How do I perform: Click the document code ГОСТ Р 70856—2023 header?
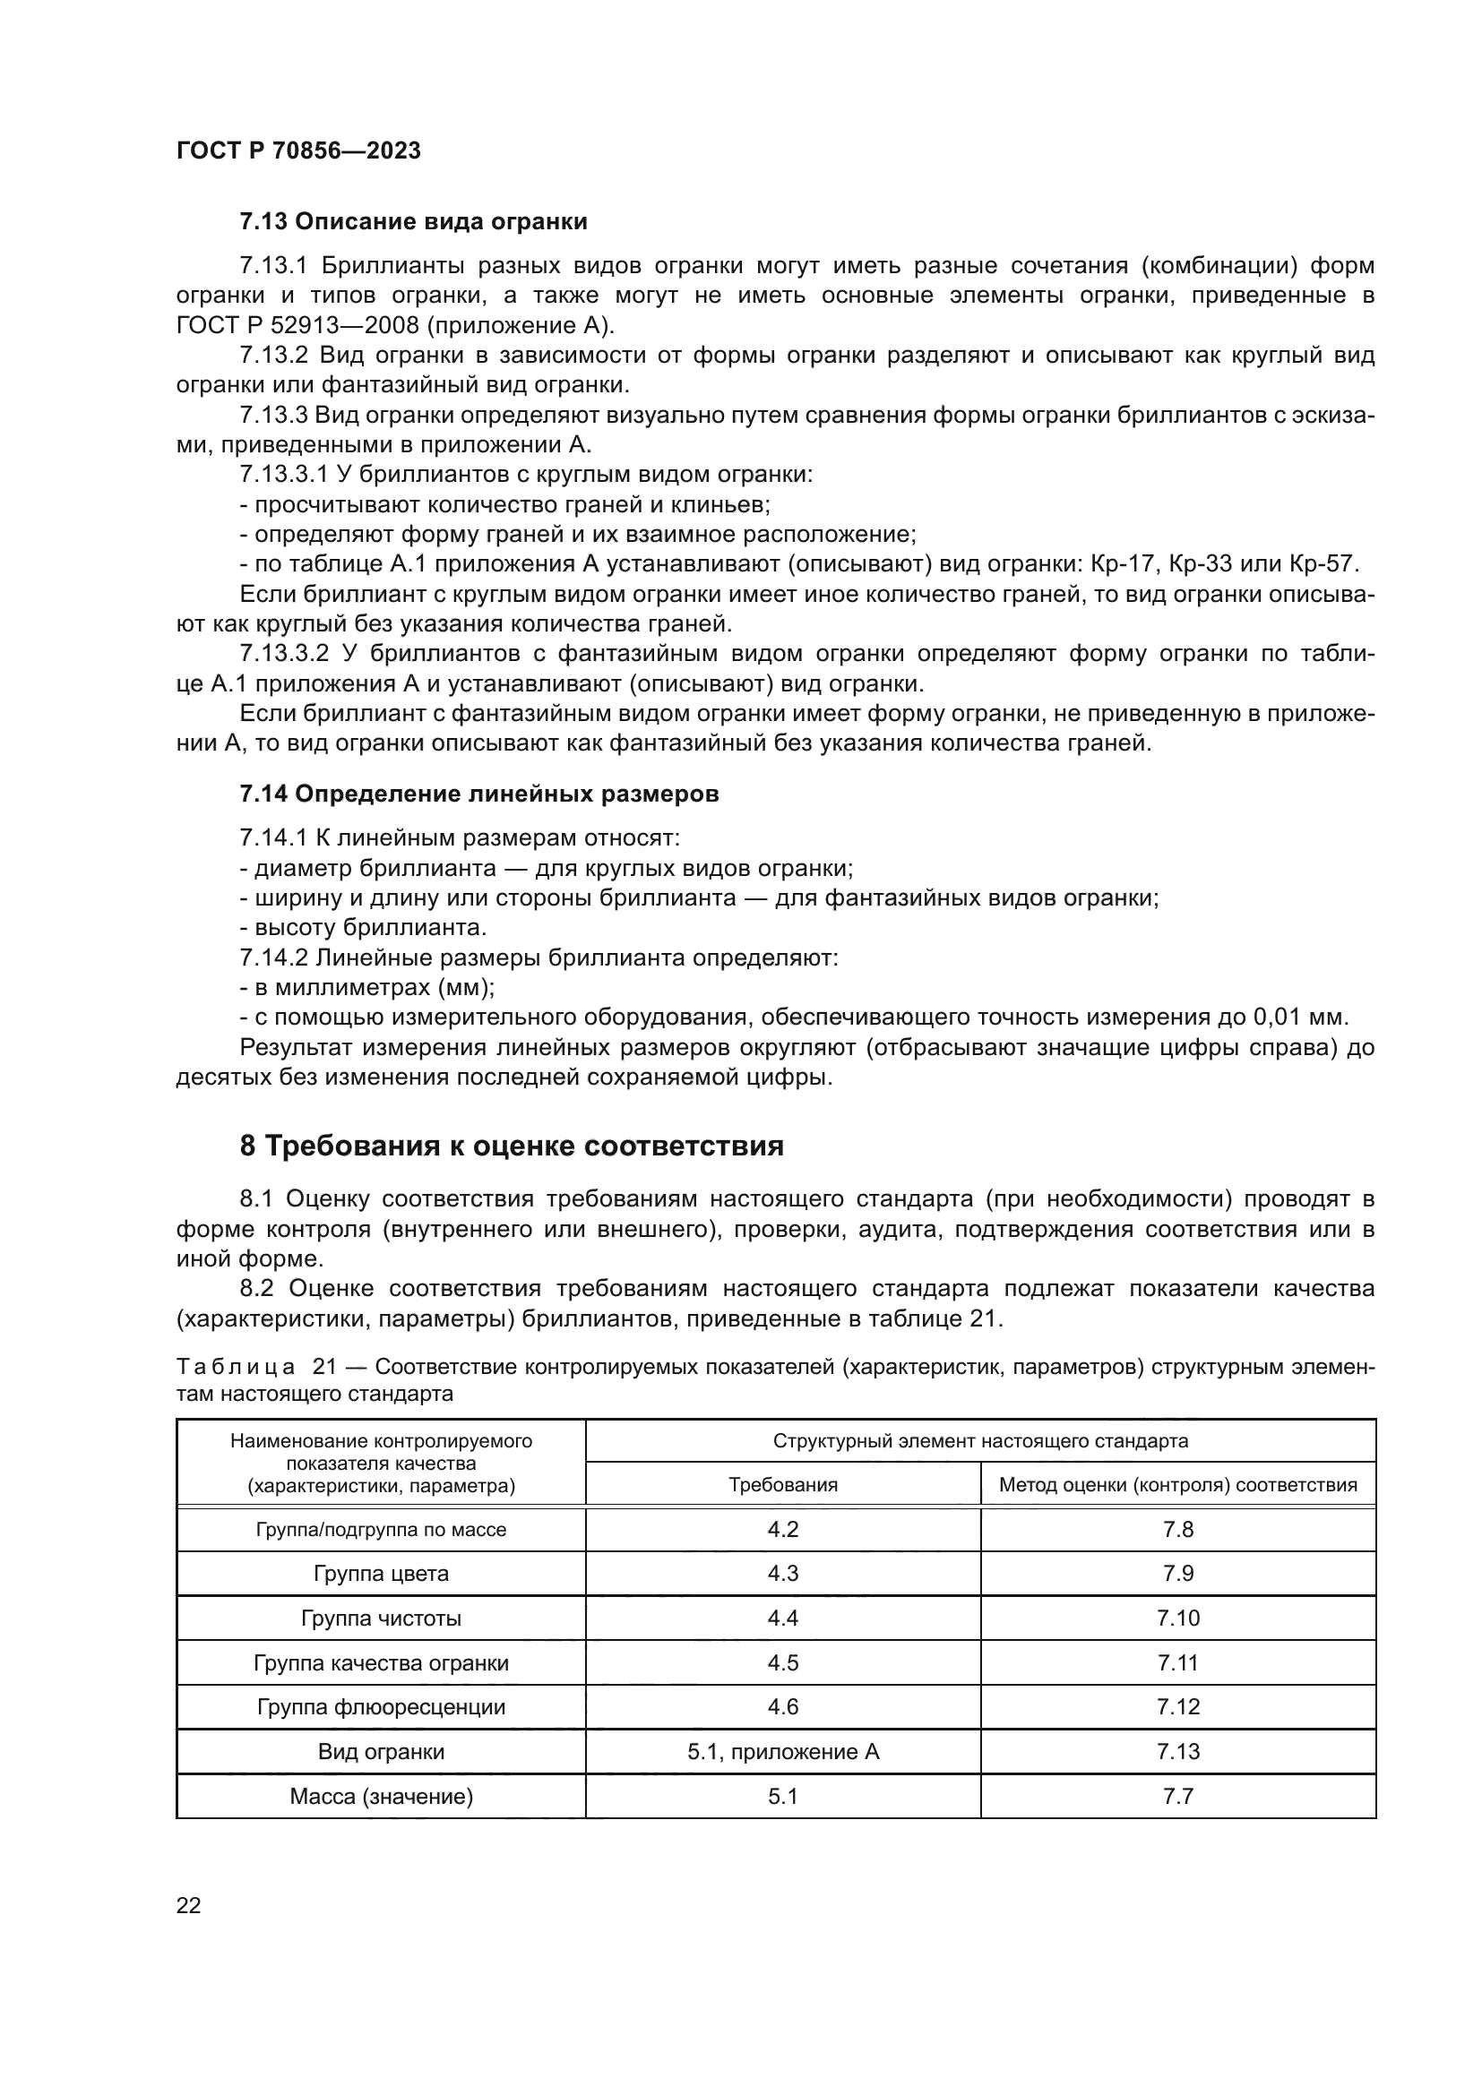coord(298,150)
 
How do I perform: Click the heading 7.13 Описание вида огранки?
coord(412,222)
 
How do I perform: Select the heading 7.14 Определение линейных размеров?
coord(479,794)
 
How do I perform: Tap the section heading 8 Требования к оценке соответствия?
coord(511,1146)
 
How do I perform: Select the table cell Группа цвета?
coord(381,1574)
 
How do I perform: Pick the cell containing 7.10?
coord(1177,1618)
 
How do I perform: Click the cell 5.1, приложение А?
coord(783,1752)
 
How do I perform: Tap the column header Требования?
coord(783,1484)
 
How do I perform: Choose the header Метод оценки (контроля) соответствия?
coord(1177,1484)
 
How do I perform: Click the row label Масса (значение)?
coord(381,1797)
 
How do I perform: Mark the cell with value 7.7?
coord(1177,1797)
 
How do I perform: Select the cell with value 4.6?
coord(783,1707)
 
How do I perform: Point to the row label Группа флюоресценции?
coord(381,1707)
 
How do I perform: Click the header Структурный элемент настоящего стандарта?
coord(980,1441)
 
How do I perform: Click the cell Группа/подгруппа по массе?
coord(381,1529)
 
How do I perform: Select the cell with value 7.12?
coord(1177,1707)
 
